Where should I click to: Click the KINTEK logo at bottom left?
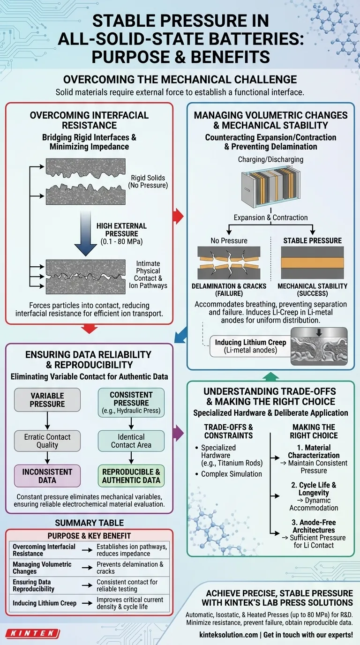pyautogui.click(x=32, y=634)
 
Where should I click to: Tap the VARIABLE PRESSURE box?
pyautogui.click(x=47, y=400)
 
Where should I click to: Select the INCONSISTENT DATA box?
pyautogui.click(x=47, y=476)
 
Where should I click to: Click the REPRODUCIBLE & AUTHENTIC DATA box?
pyautogui.click(x=131, y=476)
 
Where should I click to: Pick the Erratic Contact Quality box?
pyautogui.click(x=47, y=441)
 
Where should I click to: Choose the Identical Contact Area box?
pyautogui.click(x=131, y=441)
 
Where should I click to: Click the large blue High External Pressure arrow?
pyautogui.click(x=85, y=232)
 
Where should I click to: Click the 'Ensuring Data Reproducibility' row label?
pyautogui.click(x=34, y=585)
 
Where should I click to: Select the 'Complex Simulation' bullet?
pyautogui.click(x=231, y=474)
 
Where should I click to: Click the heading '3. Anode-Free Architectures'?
pyautogui.click(x=317, y=526)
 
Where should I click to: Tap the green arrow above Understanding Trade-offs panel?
pyautogui.click(x=270, y=376)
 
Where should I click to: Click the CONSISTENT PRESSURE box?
pyautogui.click(x=131, y=400)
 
